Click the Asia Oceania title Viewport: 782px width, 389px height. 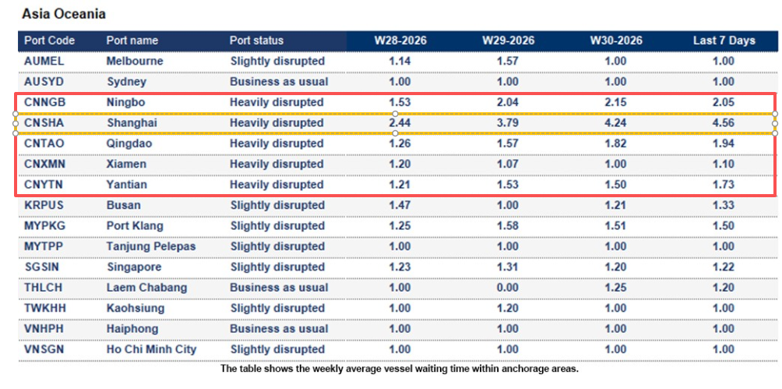[x=63, y=14]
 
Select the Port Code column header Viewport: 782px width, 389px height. [x=49, y=41]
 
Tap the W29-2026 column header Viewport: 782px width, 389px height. [x=508, y=41]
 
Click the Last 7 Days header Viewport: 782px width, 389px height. [x=724, y=41]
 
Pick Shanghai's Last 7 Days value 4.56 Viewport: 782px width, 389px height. [x=724, y=123]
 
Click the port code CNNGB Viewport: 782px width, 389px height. [x=45, y=102]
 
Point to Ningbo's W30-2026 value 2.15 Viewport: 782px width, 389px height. [x=615, y=102]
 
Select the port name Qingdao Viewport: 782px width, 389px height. [x=129, y=143]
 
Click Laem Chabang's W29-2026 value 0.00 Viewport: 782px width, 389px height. [x=508, y=288]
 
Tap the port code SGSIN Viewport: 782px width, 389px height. [x=41, y=267]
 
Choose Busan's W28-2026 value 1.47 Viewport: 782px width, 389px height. [x=400, y=205]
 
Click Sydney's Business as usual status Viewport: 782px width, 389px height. [x=279, y=82]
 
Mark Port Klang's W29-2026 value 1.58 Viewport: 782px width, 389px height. [x=508, y=226]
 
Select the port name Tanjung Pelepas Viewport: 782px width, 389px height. [x=151, y=246]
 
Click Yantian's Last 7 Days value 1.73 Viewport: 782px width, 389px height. [x=724, y=185]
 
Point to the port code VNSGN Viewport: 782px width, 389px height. [x=45, y=349]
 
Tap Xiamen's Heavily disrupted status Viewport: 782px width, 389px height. [x=277, y=164]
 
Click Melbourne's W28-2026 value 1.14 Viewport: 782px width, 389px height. [x=400, y=62]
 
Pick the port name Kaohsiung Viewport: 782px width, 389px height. [x=136, y=309]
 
